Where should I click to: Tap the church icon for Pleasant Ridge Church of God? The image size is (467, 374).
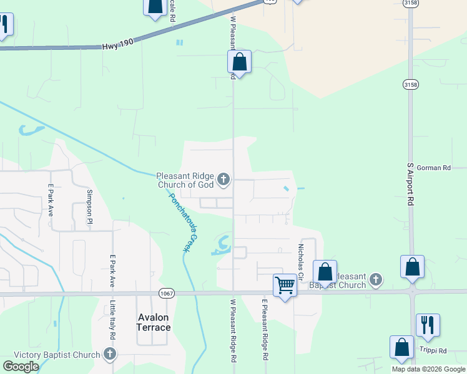(224, 181)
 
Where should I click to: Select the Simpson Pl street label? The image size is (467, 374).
(90, 207)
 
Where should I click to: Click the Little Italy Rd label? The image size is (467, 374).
(113, 319)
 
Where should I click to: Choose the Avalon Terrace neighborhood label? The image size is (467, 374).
(154, 322)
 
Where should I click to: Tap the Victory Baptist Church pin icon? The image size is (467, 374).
(110, 355)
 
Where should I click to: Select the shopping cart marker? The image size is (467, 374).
(285, 285)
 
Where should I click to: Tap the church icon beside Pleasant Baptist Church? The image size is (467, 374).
(375, 279)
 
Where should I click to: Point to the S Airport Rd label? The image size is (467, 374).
(411, 185)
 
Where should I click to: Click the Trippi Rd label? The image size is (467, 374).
(433, 351)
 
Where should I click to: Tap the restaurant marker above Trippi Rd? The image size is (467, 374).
(428, 325)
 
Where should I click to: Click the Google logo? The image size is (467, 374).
(21, 367)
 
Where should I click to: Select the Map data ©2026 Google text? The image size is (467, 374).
(428, 369)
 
